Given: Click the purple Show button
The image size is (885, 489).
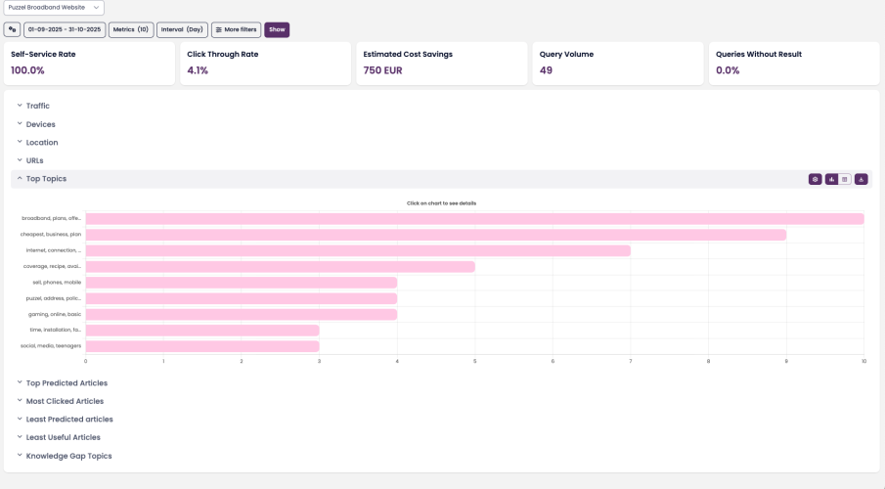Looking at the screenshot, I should pos(277,29).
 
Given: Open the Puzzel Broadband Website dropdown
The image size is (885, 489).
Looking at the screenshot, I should pos(54,8).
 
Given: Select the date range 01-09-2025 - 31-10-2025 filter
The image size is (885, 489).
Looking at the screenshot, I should pos(65,29).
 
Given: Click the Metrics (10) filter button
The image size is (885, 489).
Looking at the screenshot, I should pos(131,29).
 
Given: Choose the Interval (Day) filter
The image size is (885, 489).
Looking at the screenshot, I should pos(182,29).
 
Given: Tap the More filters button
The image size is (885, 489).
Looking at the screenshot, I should pos(236,29).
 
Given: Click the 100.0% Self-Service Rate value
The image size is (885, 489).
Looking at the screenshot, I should pos(27,70).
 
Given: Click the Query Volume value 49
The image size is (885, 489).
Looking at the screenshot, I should pos(546,70).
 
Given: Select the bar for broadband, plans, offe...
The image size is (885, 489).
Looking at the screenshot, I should pos(474,219).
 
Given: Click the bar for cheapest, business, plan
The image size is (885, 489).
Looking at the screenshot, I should pos(435,235).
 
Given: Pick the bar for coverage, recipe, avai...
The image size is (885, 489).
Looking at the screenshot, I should pos(280,266).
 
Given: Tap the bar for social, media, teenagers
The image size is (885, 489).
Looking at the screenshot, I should pos(202,346).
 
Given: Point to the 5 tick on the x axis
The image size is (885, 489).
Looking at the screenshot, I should pos(475,361).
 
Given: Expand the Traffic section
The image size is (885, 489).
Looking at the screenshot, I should pos(38,106).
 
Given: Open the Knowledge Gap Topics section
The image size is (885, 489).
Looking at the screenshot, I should pos(68,456).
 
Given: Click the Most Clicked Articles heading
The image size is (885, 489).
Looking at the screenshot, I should pos(65,401).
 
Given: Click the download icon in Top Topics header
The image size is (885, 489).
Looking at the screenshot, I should pos(862,179).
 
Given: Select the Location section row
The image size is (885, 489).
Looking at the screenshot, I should pos(42,143).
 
